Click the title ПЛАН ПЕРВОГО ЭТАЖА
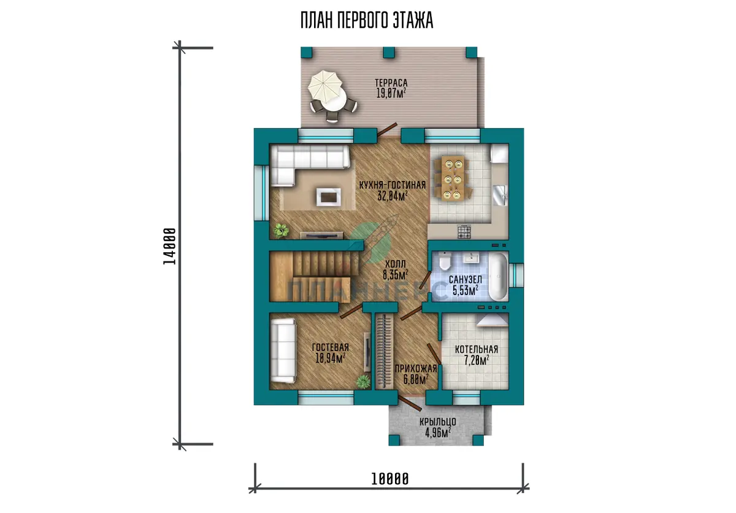click(367, 20)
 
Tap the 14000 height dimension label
click(170, 246)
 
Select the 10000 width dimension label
click(389, 479)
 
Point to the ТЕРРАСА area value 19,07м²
click(391, 93)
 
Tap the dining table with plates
click(453, 179)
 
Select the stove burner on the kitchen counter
click(464, 232)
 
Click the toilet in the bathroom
click(445, 261)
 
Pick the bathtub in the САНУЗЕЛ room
click(499, 276)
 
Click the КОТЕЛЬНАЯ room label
click(477, 349)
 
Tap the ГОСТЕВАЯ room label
click(330, 347)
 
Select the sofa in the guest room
click(283, 350)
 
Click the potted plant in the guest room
click(363, 382)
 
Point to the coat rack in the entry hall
click(384, 352)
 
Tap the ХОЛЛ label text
click(395, 264)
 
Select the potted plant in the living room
click(282, 230)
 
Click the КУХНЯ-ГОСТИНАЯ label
click(393, 185)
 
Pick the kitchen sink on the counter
click(500, 195)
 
